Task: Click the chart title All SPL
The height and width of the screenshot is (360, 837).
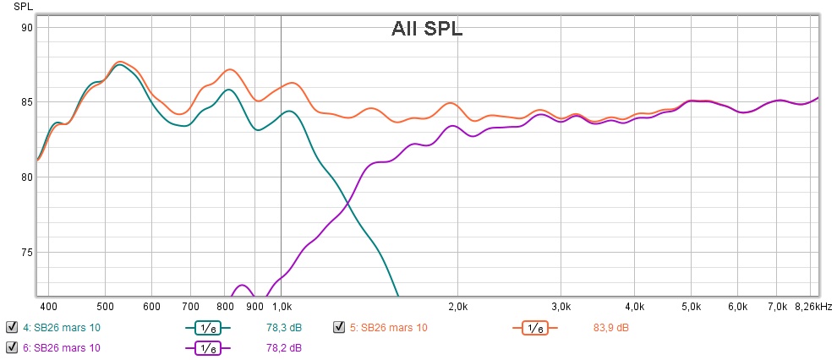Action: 426,29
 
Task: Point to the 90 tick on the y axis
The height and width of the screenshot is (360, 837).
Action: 26,28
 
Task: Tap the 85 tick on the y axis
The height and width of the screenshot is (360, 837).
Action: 26,102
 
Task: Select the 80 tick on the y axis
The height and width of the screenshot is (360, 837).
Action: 26,177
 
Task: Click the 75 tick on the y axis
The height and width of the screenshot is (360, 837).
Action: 26,252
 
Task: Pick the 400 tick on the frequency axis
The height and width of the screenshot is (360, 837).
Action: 48,306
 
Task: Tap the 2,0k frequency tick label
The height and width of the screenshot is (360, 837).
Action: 457,306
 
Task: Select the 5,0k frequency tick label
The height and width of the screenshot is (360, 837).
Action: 692,306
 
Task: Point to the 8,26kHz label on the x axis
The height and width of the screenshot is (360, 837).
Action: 812,306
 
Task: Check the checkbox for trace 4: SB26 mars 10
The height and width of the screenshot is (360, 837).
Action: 12,327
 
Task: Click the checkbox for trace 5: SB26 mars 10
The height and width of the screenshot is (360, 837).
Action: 339,327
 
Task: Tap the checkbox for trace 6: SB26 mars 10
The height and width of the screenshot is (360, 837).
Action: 12,347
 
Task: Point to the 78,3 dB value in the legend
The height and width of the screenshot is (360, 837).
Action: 285,328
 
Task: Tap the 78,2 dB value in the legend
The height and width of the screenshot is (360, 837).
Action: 285,347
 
